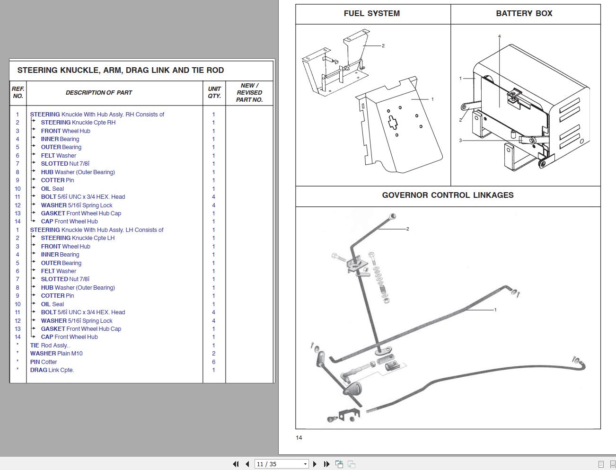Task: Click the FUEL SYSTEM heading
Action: tap(371, 14)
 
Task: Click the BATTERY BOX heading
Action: tap(524, 14)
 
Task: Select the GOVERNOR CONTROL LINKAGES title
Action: tap(448, 195)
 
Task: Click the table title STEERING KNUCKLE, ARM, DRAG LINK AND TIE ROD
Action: tap(121, 71)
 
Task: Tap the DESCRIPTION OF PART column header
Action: tap(98, 93)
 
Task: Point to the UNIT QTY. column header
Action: tap(214, 92)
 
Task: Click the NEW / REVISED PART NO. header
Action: tap(249, 93)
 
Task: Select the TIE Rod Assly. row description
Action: tap(50, 346)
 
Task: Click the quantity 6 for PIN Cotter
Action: tap(213, 362)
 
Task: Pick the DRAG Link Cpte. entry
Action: tap(52, 370)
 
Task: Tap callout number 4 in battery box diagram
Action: tap(499, 36)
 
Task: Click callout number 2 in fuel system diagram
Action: tap(383, 46)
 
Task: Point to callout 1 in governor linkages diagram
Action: tap(495, 310)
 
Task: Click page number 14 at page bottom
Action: tap(299, 438)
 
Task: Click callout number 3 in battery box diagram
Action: tap(460, 141)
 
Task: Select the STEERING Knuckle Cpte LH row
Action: tap(78, 238)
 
